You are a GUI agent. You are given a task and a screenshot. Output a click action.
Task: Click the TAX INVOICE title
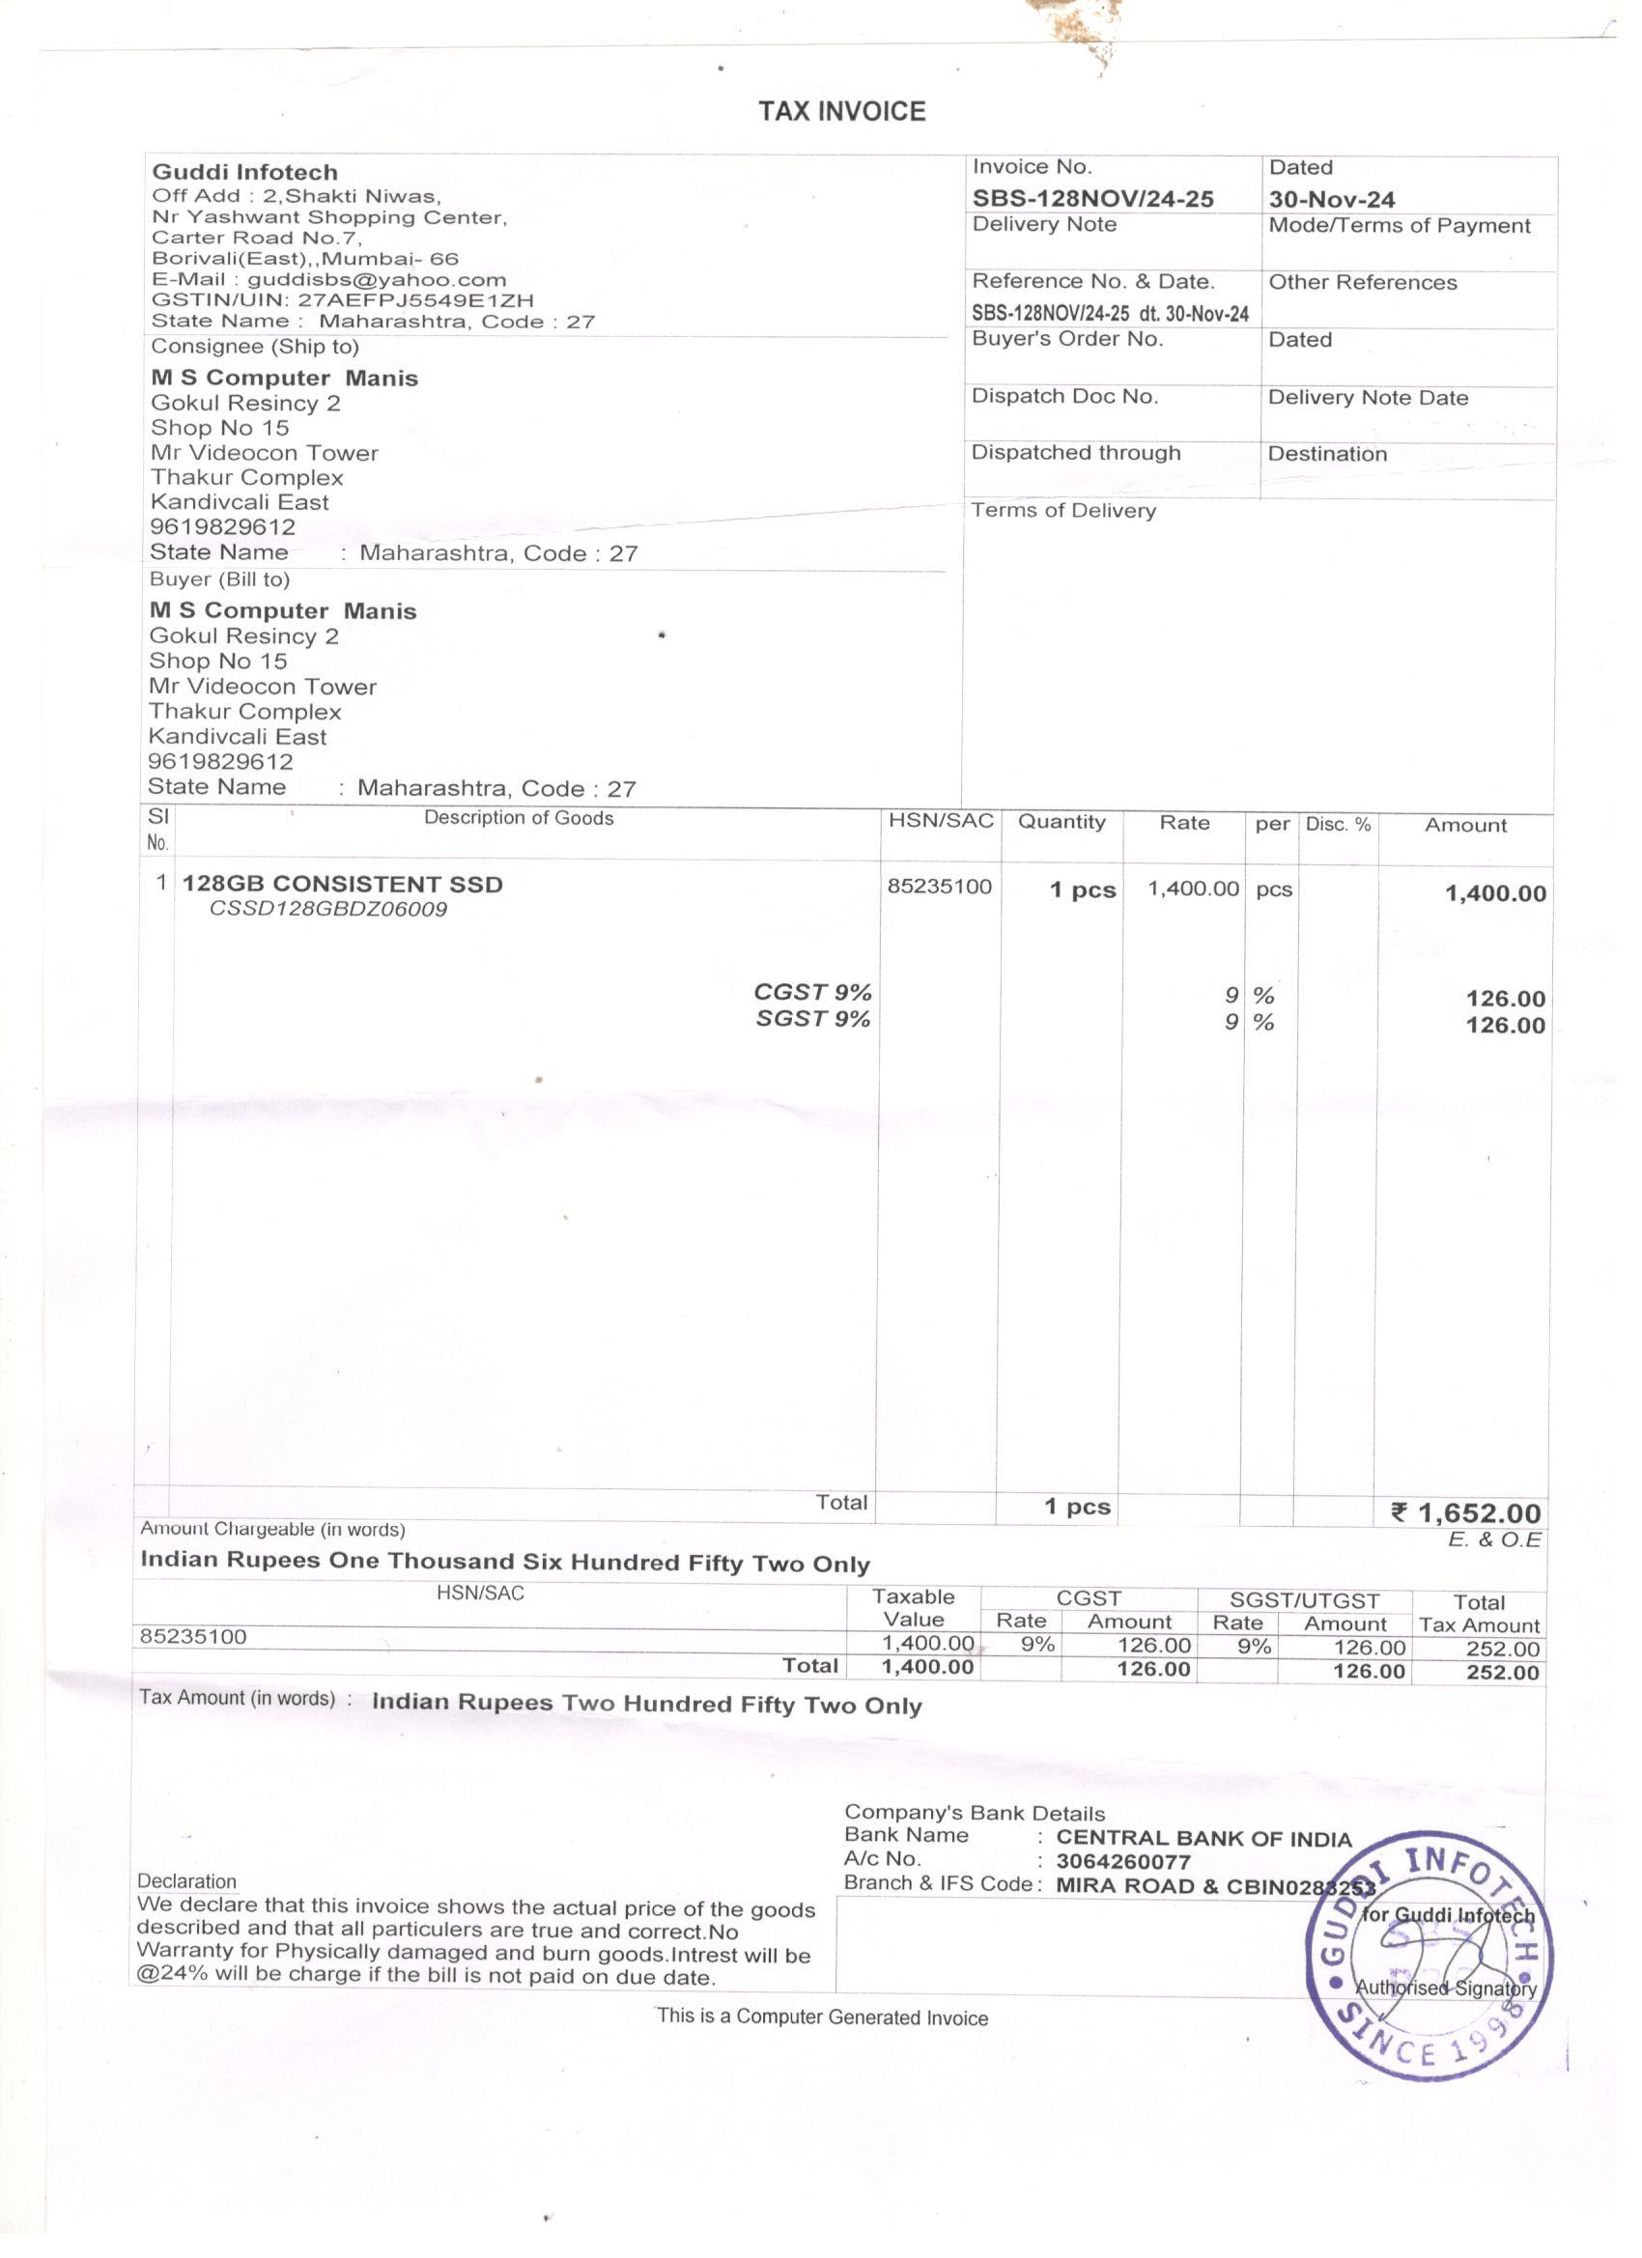pyautogui.click(x=841, y=110)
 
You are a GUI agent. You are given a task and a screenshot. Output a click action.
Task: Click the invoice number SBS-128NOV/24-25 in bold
pyautogui.click(x=1092, y=199)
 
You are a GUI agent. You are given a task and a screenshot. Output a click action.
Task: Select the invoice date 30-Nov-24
pyautogui.click(x=1331, y=199)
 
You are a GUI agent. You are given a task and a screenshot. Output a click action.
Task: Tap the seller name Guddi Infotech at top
pyautogui.click(x=245, y=172)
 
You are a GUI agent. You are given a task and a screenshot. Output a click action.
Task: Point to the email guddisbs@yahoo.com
pyautogui.click(x=377, y=280)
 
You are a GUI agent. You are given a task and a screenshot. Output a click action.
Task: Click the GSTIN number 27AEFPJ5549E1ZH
pyautogui.click(x=415, y=299)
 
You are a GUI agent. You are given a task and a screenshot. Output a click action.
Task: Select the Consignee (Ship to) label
pyautogui.click(x=255, y=347)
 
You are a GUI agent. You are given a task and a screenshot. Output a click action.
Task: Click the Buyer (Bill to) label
pyautogui.click(x=219, y=579)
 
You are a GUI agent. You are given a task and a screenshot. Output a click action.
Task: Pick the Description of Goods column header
pyautogui.click(x=518, y=818)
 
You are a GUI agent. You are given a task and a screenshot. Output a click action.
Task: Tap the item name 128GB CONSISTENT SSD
pyautogui.click(x=342, y=884)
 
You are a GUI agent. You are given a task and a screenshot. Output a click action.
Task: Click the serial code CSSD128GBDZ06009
pyautogui.click(x=327, y=909)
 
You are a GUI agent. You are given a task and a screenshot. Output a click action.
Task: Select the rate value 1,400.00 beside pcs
pyautogui.click(x=1193, y=889)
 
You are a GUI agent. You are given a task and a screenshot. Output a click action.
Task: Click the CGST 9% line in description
pyautogui.click(x=811, y=993)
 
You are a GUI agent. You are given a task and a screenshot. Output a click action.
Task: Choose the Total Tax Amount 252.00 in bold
pyautogui.click(x=1502, y=1672)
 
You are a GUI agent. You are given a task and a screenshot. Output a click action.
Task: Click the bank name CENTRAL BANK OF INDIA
pyautogui.click(x=1203, y=1839)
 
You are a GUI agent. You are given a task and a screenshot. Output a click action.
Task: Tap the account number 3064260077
pyautogui.click(x=1122, y=1862)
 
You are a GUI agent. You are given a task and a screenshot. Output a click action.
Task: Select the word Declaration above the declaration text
pyautogui.click(x=187, y=1881)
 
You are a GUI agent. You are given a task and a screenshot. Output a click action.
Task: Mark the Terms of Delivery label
pyautogui.click(x=1063, y=511)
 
